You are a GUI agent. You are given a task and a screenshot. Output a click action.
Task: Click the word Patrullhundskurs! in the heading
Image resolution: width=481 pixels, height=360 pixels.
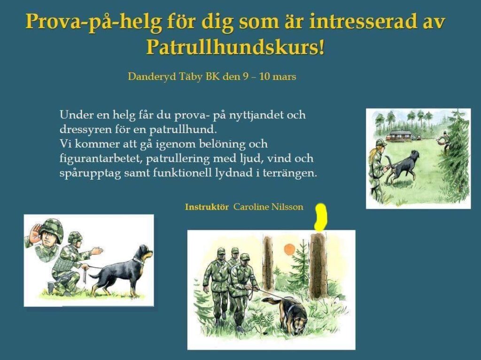coord(235,47)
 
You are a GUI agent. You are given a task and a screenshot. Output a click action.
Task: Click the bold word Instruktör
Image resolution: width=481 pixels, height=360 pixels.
coord(207,207)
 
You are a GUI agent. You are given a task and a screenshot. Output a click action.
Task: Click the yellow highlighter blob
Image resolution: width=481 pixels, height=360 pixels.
coord(321,217)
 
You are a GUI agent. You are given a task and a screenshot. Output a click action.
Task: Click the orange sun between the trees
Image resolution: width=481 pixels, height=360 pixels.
coord(289,250)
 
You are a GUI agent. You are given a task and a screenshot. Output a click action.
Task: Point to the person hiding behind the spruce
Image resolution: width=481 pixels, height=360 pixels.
coord(443,141)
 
